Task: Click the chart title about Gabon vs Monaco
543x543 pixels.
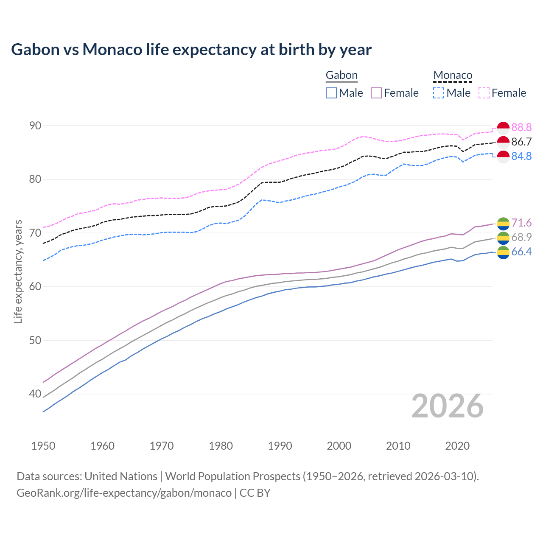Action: [191, 50]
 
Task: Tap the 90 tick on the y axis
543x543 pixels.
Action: [35, 126]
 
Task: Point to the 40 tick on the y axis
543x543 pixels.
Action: [35, 394]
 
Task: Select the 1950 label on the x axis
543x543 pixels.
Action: [43, 446]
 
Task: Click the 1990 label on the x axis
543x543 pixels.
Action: [280, 446]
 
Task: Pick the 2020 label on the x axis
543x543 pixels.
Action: [457, 446]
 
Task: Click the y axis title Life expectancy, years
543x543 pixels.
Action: [18, 271]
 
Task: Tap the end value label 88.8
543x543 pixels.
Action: [521, 127]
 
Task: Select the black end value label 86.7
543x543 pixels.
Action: [521, 142]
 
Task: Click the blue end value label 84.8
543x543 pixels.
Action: [521, 156]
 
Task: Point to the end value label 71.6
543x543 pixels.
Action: [521, 223]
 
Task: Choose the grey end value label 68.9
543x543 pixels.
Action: [521, 237]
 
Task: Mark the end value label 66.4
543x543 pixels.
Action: [521, 252]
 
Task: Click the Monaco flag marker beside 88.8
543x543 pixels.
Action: [503, 128]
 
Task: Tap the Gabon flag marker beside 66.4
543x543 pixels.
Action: [503, 252]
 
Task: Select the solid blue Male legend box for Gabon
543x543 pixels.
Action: [331, 93]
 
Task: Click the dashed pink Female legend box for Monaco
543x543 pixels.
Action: [484, 93]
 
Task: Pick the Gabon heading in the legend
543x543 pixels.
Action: [341, 75]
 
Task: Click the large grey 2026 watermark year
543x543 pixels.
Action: [448, 406]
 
